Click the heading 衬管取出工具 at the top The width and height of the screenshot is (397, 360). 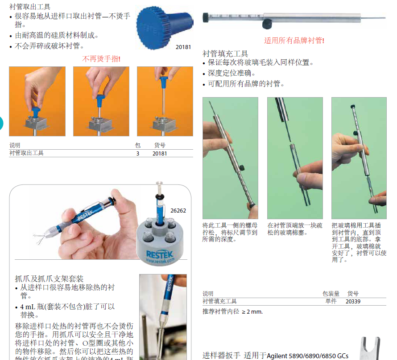pos(30,7)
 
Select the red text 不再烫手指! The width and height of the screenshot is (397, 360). pos(101,59)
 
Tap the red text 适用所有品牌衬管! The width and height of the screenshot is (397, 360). pos(294,41)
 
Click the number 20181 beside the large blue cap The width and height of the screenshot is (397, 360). pos(183,46)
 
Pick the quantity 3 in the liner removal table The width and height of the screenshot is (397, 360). pos(138,153)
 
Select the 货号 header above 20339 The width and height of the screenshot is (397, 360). pos(353,294)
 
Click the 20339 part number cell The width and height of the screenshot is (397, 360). pos(353,301)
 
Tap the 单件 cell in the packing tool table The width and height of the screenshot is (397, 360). pos(331,301)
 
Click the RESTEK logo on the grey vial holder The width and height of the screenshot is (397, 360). pos(158,255)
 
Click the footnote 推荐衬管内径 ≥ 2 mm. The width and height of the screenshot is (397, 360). pos(232,311)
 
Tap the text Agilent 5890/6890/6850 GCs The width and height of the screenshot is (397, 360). pos(308,356)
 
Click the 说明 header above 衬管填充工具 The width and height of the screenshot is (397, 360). pos(208,294)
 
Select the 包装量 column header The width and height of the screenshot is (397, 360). pos(331,294)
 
